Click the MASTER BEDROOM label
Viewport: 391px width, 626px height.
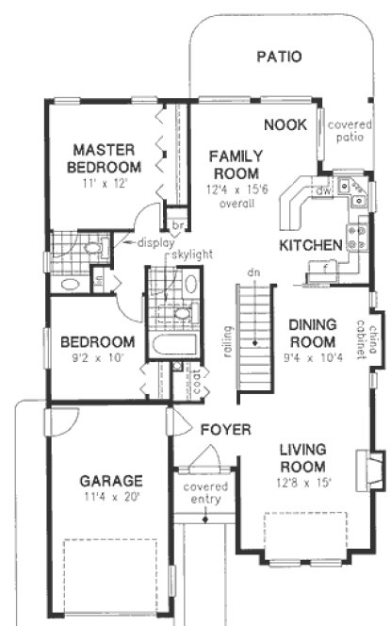105,157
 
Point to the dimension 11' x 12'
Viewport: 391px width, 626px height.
105,185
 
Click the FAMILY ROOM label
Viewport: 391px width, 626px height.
236,165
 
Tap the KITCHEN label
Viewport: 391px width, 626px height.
310,246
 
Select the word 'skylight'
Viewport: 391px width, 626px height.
192,255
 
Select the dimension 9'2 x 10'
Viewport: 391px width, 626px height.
97,358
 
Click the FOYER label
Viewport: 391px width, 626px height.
225,430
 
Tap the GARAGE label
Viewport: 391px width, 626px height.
110,480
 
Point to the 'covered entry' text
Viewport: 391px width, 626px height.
205,493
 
